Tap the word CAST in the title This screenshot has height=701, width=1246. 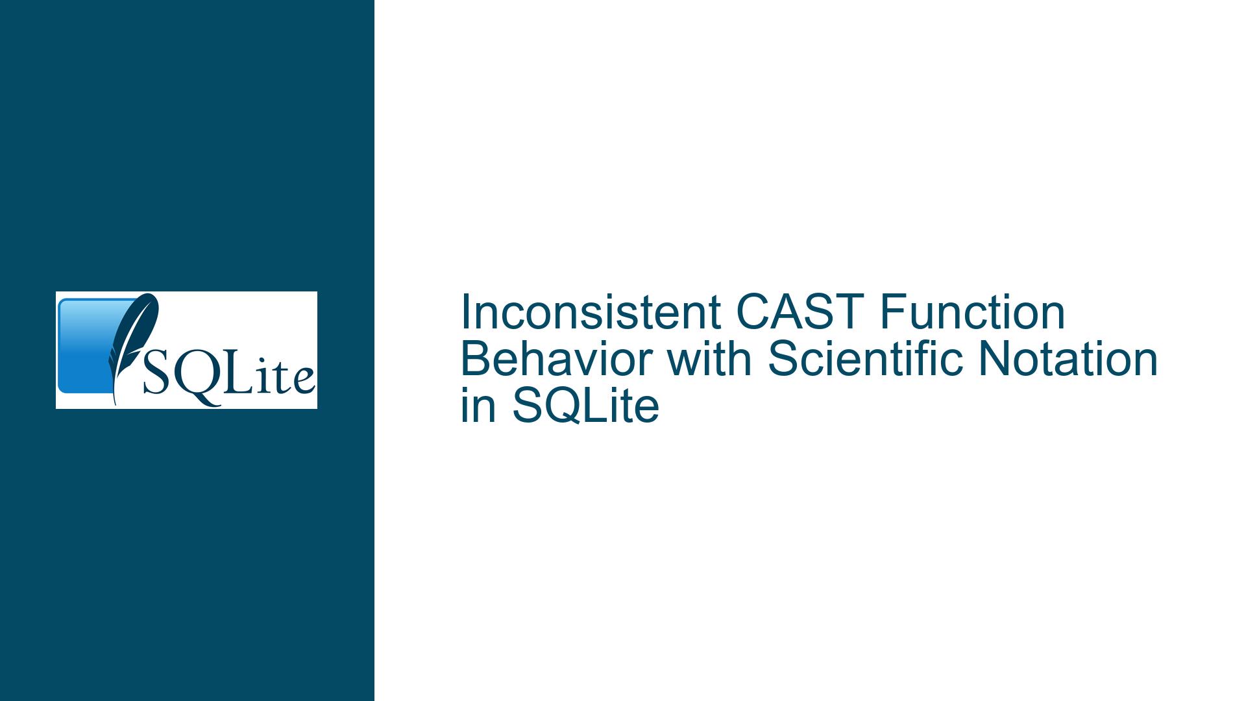800,312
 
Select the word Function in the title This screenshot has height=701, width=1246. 972,312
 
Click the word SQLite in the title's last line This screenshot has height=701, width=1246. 586,406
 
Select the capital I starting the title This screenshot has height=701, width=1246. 465,312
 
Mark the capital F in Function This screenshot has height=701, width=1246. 892,312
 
